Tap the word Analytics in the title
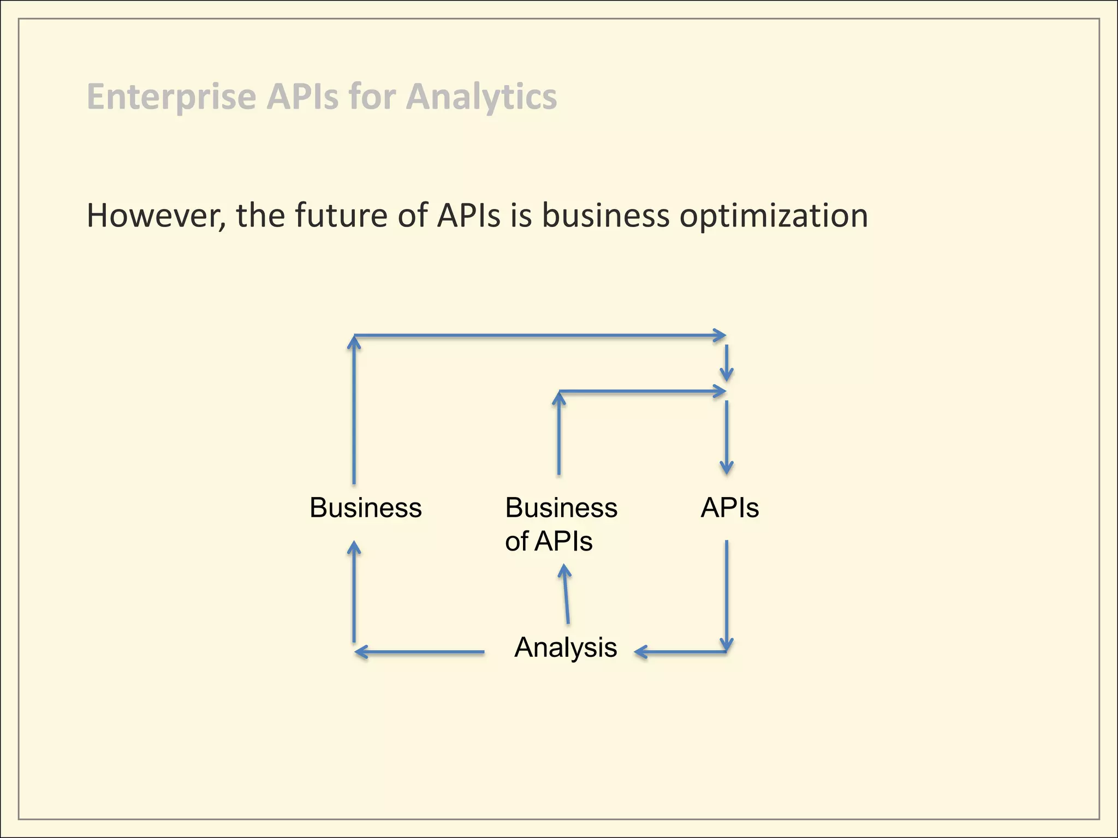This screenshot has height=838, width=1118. click(x=481, y=97)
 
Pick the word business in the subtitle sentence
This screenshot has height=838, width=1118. click(x=605, y=216)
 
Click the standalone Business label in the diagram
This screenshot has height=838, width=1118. click(x=365, y=508)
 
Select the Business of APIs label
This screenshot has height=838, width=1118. click(x=561, y=524)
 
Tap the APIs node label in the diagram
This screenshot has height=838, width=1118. click(x=729, y=508)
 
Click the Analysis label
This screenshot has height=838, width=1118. click(x=566, y=648)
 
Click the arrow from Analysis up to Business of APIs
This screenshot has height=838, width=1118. click(x=566, y=595)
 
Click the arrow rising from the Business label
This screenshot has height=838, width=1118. click(x=354, y=409)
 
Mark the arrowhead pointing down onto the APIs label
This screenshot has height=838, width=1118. click(x=727, y=467)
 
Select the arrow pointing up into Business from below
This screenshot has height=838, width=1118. click(x=354, y=592)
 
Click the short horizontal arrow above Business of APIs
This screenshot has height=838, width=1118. click(x=642, y=391)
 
